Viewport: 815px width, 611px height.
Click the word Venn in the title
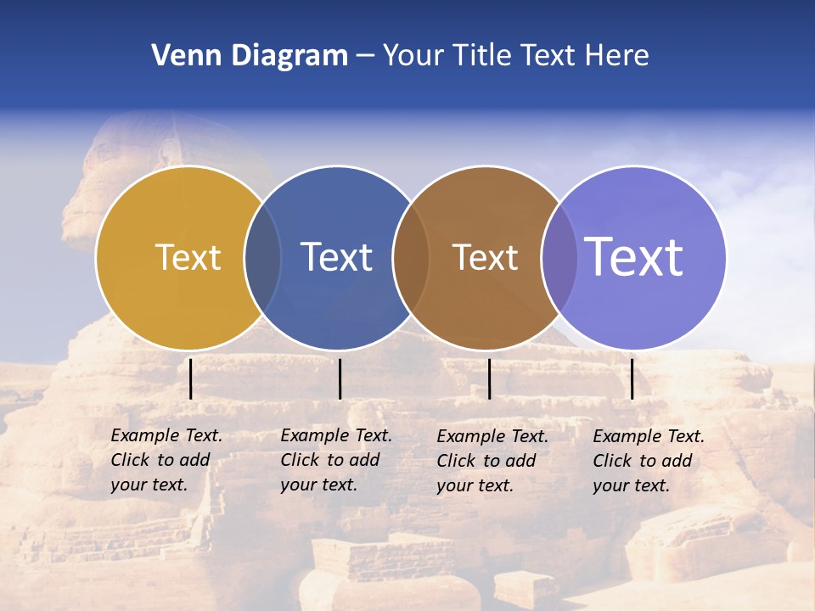click(180, 56)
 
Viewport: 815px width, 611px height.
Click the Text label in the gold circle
click(188, 257)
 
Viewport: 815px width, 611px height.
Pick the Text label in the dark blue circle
click(336, 257)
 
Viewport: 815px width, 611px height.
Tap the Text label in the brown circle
click(485, 257)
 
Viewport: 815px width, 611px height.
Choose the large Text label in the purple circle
click(634, 256)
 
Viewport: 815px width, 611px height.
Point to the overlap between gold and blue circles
click(262, 257)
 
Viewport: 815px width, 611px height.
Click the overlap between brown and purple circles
click(559, 257)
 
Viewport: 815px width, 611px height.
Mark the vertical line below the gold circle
click(191, 378)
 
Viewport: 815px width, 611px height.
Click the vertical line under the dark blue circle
click(340, 378)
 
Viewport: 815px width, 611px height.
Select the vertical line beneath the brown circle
click(490, 378)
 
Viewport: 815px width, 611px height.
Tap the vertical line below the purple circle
click(632, 378)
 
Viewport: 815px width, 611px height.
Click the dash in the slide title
click(365, 57)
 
